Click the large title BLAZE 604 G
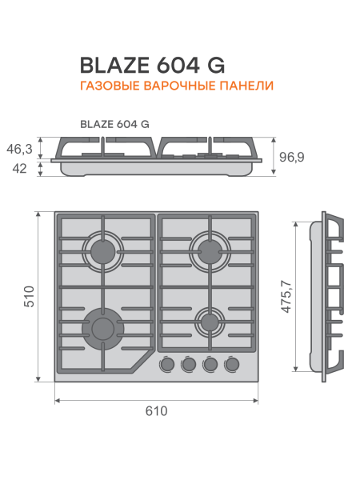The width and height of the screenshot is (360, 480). pyautogui.click(x=152, y=64)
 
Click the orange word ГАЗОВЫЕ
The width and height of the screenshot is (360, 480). pyautogui.click(x=108, y=85)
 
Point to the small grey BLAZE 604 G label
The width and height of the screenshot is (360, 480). pyautogui.click(x=114, y=124)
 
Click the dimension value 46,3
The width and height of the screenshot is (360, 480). pyautogui.click(x=18, y=149)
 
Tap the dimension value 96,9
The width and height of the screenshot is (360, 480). pyautogui.click(x=292, y=158)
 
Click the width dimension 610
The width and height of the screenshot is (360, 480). pyautogui.click(x=157, y=412)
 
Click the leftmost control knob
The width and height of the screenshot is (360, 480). pyautogui.click(x=168, y=365)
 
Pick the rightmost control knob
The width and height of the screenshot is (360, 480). pyautogui.click(x=233, y=365)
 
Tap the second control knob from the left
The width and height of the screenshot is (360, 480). pyautogui.click(x=190, y=365)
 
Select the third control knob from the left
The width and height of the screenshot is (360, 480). pyautogui.click(x=211, y=365)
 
